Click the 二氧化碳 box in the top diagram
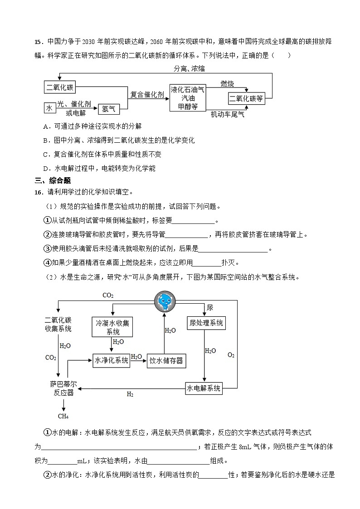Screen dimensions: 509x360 coord(60,87)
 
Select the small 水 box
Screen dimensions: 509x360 coord(49,108)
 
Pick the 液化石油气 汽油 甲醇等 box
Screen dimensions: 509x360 coord(188,97)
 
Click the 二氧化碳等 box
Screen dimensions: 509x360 coord(246,98)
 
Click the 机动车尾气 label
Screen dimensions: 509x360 coord(227,115)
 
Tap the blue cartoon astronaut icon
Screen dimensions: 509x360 coord(164,301)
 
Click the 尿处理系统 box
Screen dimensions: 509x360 coord(206,322)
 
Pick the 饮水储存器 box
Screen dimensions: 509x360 coord(167,361)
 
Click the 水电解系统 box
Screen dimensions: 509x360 coord(204,388)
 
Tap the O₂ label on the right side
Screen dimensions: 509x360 coord(231,355)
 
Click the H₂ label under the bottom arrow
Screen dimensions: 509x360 coord(130,394)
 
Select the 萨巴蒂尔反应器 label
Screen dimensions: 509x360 coord(63,388)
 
